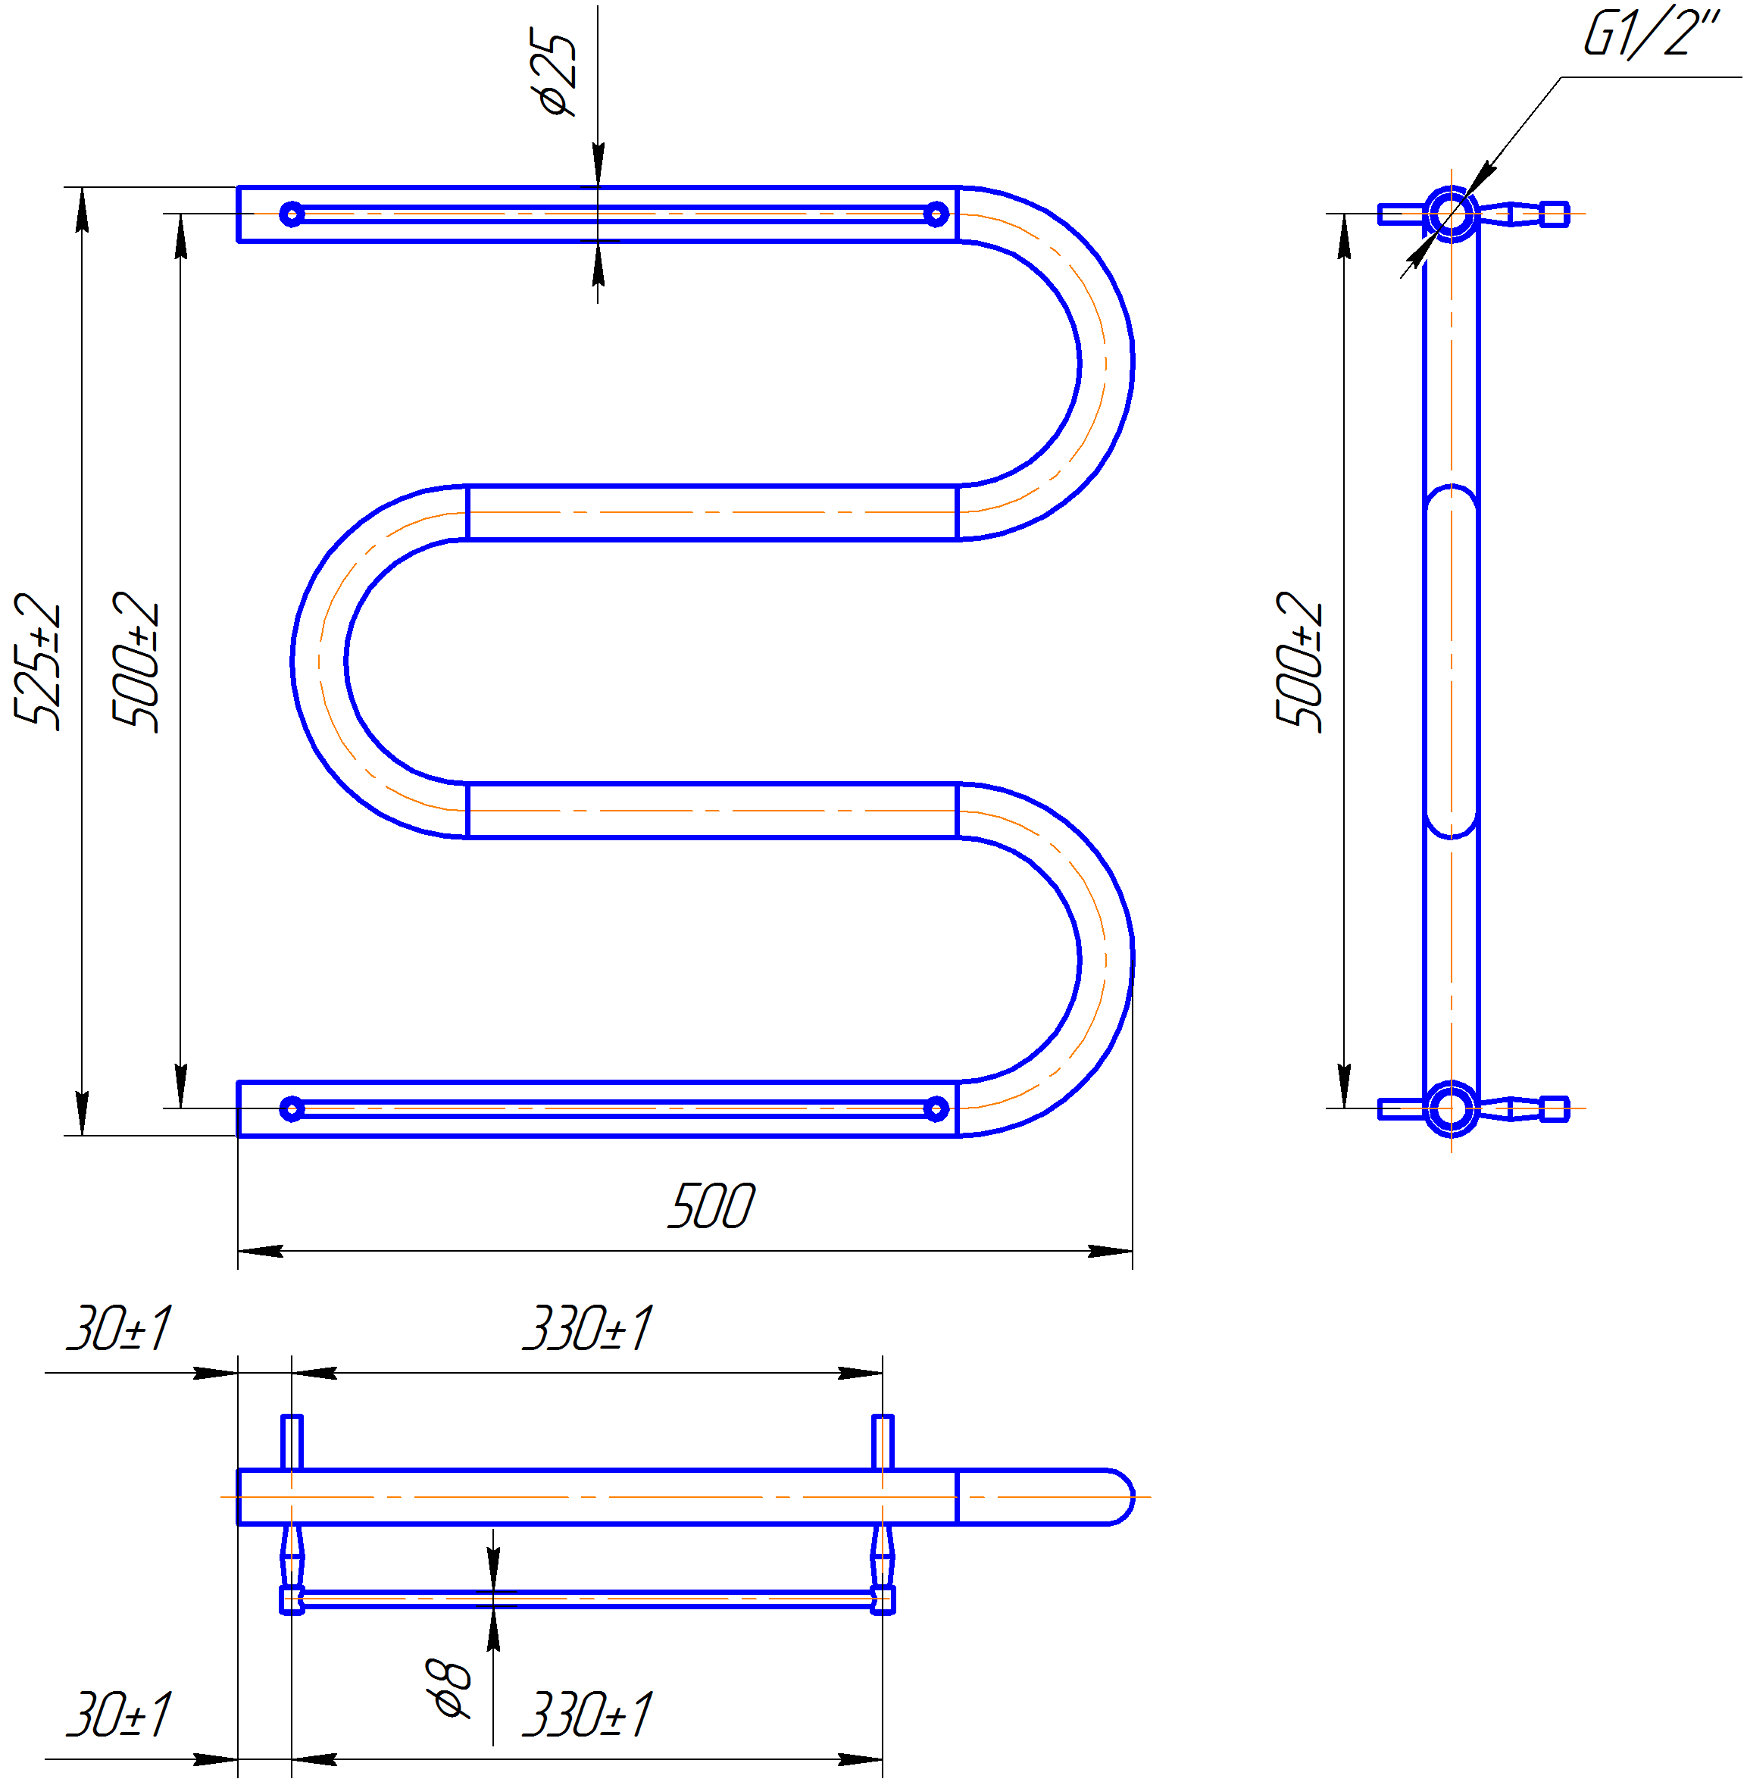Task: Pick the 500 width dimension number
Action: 711,1205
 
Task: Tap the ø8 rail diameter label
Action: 449,1688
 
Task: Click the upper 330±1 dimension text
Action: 588,1327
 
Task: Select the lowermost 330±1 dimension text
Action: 588,1714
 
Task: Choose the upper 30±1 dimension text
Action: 119,1327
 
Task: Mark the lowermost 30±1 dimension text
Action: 119,1714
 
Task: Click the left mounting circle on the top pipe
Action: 292,214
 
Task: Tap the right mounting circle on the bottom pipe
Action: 936,1109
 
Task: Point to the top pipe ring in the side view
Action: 1452,214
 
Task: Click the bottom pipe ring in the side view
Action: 1452,1109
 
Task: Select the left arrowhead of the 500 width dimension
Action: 260,1251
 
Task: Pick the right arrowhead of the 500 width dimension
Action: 1110,1251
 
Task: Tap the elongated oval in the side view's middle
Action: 1452,661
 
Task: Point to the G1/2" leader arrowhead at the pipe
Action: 1481,180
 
